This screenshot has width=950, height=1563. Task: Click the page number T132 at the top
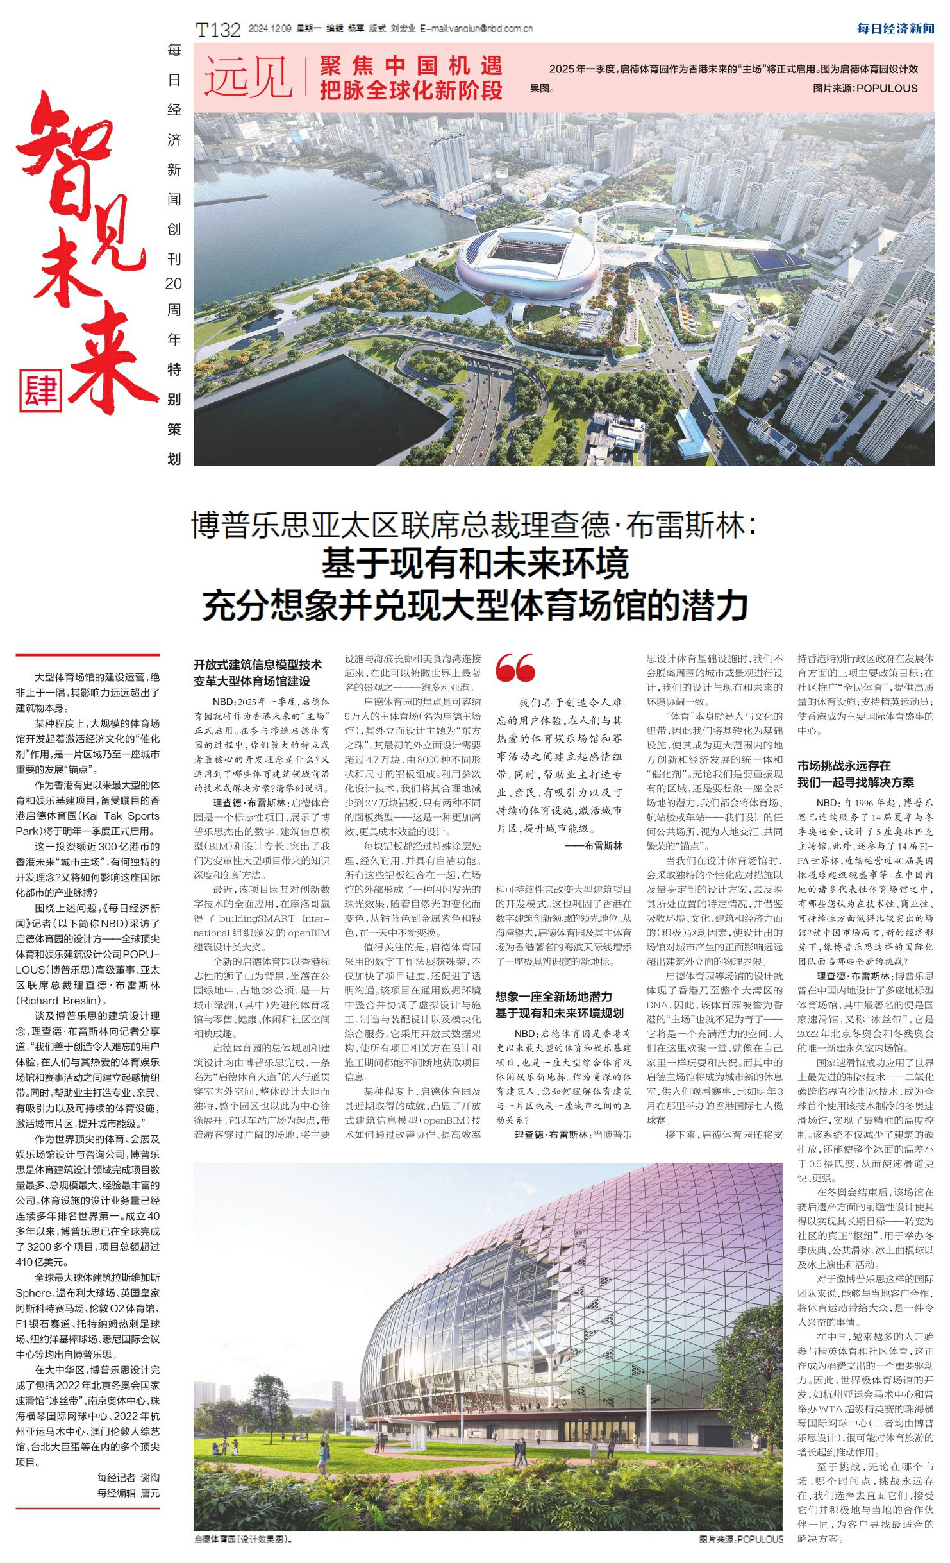(x=218, y=30)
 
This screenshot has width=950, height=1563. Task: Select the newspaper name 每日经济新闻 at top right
(x=896, y=28)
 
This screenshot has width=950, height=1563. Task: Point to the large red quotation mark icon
(x=515, y=668)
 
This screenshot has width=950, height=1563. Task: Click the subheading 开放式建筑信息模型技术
(x=258, y=664)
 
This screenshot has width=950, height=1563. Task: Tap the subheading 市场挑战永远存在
(x=844, y=765)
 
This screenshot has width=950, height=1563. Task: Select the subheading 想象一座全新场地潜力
(x=553, y=997)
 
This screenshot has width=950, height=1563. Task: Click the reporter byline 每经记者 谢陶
(x=128, y=1478)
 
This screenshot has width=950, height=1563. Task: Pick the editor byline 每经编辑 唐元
(x=128, y=1493)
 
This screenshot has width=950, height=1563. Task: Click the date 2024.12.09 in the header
(x=270, y=29)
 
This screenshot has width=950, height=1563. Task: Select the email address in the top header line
(x=476, y=29)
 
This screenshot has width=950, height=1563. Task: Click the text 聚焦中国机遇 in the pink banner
(x=411, y=66)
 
